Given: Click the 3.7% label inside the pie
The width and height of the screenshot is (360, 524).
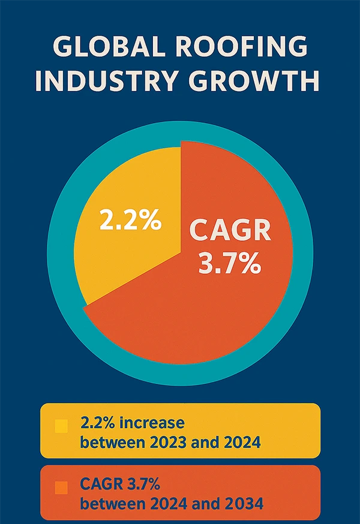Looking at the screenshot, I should [x=230, y=264].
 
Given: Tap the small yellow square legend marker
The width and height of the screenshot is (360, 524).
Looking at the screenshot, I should [x=61, y=426].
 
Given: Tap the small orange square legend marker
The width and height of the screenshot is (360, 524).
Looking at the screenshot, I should [x=61, y=489].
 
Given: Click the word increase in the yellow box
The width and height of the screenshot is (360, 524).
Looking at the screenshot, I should [x=152, y=423].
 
